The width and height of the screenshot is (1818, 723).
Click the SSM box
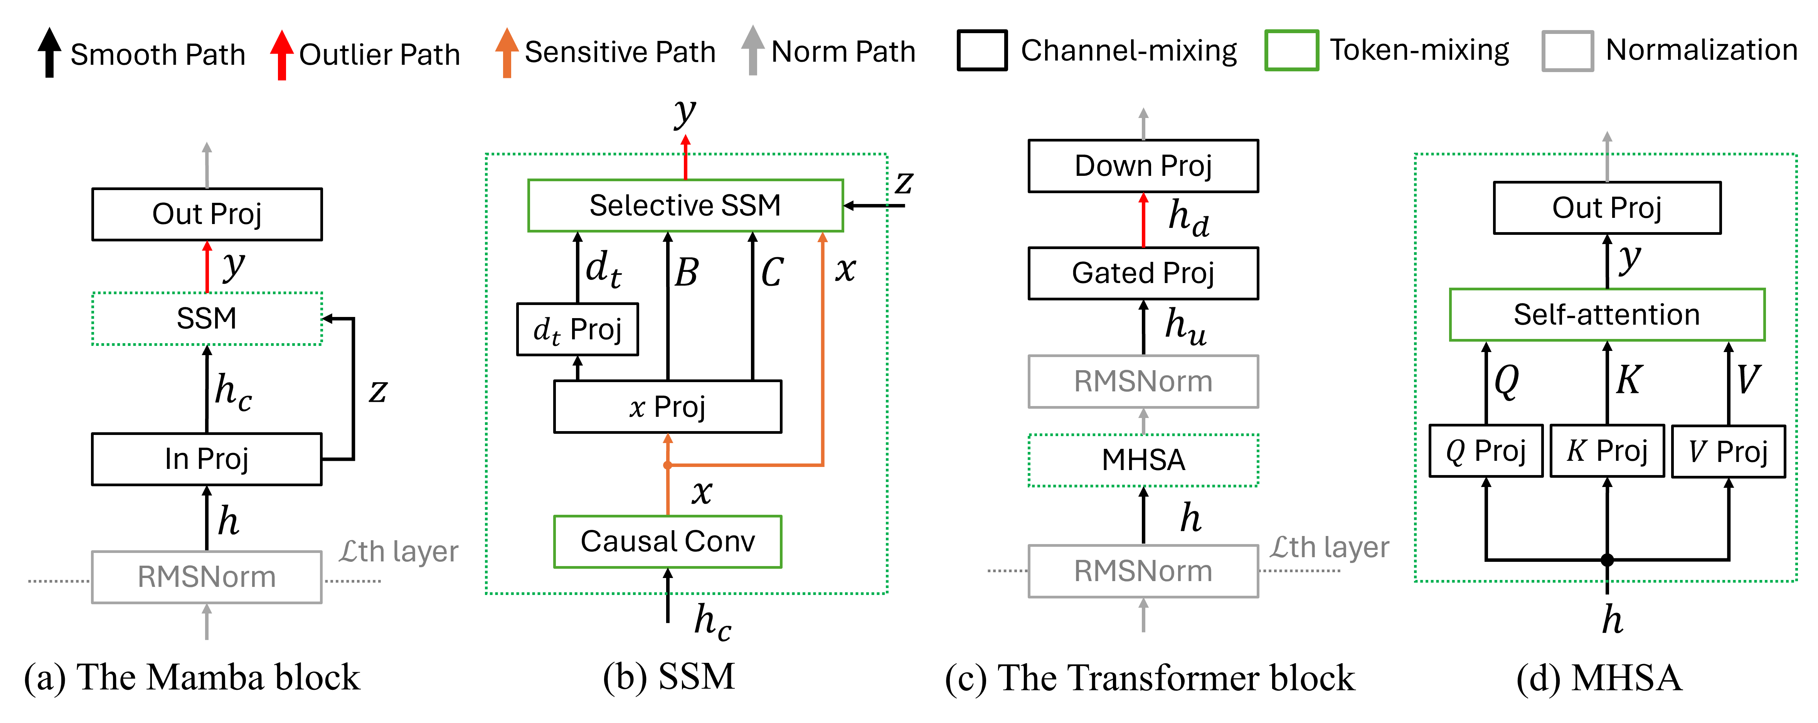click(x=207, y=319)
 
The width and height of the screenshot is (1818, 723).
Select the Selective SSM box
click(x=685, y=206)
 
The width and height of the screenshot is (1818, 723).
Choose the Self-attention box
click(x=1607, y=315)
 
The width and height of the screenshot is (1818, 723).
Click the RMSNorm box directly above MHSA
click(x=1143, y=381)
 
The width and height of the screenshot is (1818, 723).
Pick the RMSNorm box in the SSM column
click(x=207, y=577)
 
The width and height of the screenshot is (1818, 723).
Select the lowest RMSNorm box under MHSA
click(x=1143, y=571)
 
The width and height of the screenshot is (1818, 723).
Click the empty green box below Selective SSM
click(x=668, y=541)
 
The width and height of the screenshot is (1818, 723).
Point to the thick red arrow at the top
click(x=281, y=55)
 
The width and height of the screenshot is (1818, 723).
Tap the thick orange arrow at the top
click(x=507, y=53)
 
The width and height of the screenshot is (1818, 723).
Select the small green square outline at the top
click(x=1291, y=50)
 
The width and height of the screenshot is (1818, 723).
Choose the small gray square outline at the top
click(x=1567, y=51)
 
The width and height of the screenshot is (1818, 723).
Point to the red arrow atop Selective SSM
click(x=685, y=157)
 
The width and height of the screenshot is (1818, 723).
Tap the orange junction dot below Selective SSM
click(x=668, y=465)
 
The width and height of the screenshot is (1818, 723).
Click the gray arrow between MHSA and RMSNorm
click(x=1143, y=421)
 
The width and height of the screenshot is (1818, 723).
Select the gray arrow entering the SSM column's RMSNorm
click(x=207, y=622)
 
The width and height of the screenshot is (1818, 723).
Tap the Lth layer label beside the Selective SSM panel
click(x=399, y=551)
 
